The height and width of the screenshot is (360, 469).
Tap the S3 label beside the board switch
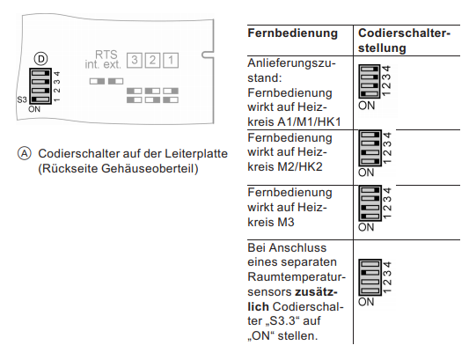21,100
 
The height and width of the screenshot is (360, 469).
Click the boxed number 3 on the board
134,61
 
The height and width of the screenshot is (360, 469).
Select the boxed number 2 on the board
152,61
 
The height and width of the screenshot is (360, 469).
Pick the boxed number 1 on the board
171,61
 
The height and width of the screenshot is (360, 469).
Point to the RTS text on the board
105,54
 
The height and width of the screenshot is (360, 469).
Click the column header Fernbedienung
293,33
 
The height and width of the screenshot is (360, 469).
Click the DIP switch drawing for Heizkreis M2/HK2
370,150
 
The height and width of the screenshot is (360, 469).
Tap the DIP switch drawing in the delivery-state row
370,81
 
